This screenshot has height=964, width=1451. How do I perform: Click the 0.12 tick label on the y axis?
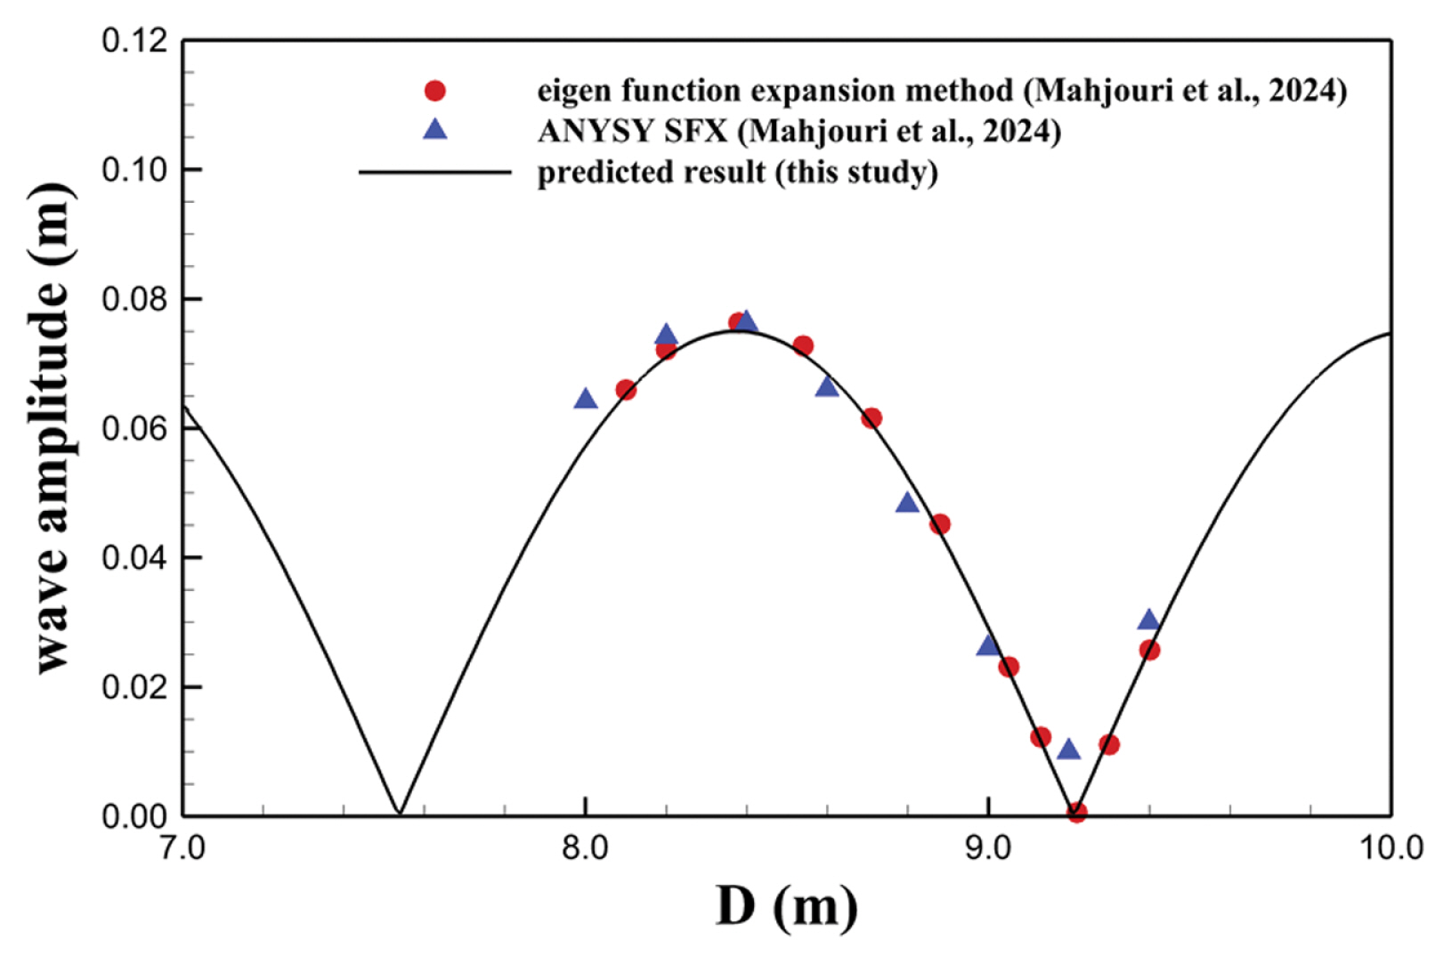[135, 41]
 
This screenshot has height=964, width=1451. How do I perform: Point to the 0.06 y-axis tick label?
[135, 428]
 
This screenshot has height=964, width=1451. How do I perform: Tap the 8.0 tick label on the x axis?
[585, 848]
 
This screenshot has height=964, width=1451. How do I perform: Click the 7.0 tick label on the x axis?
[182, 848]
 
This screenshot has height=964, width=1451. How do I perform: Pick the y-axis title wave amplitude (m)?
[53, 428]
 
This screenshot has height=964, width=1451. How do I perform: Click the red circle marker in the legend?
[434, 91]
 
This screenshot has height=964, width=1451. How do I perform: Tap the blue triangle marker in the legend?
[434, 130]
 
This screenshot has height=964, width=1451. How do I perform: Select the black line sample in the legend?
[434, 171]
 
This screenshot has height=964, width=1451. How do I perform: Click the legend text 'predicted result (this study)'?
[737, 171]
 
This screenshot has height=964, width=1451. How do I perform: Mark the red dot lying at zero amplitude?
[1076, 812]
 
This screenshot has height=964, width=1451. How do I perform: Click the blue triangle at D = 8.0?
[585, 399]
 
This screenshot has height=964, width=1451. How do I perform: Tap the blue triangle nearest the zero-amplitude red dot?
[1068, 749]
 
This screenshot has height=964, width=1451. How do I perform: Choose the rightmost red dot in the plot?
[1149, 651]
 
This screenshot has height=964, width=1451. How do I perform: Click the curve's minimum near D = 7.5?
[400, 813]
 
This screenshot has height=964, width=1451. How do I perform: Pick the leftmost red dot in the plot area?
[626, 390]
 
